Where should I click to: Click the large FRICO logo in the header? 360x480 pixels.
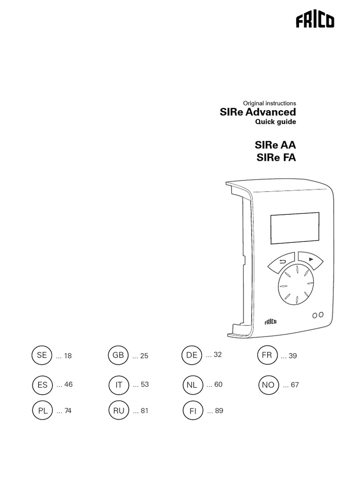(315, 22)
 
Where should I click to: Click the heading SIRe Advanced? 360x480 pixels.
(258, 112)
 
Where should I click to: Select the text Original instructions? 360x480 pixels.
(269, 103)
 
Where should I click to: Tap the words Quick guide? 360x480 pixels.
(275, 122)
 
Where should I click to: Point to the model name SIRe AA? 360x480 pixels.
(276, 145)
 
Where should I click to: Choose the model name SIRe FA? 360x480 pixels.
(276, 157)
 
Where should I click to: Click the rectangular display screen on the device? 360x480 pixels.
(294, 228)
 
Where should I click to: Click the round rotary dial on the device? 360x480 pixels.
(294, 286)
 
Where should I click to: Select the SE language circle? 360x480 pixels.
(42, 355)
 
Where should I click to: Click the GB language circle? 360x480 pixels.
(118, 355)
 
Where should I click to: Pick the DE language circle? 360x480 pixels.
(192, 355)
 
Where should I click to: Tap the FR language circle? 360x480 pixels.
(267, 355)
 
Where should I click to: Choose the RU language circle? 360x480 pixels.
(119, 411)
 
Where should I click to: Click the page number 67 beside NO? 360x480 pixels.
(294, 385)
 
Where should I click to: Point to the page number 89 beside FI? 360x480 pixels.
(218, 411)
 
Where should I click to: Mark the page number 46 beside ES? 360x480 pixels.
(68, 384)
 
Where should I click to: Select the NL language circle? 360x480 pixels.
(192, 385)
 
